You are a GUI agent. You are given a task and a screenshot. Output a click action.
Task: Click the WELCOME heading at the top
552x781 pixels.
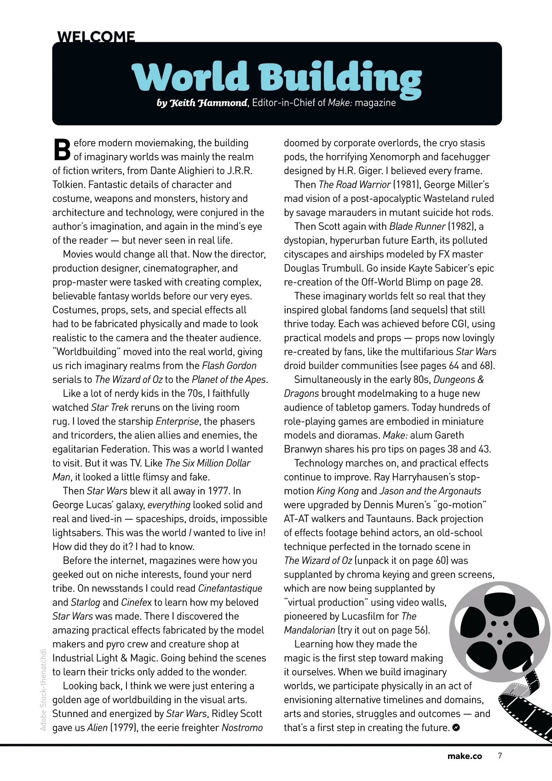(x=96, y=37)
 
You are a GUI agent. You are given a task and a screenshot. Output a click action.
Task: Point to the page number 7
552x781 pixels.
(x=500, y=756)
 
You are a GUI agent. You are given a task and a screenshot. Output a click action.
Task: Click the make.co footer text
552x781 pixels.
(x=465, y=756)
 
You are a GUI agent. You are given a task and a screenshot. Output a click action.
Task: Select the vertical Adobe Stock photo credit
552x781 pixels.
(x=43, y=690)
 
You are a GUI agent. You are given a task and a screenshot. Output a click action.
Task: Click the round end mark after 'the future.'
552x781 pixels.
(x=456, y=728)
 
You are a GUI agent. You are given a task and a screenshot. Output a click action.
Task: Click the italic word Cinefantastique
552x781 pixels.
(x=230, y=588)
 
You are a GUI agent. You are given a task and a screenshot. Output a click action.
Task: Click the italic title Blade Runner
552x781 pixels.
(x=417, y=226)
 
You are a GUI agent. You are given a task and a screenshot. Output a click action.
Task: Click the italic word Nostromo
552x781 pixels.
(x=242, y=728)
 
